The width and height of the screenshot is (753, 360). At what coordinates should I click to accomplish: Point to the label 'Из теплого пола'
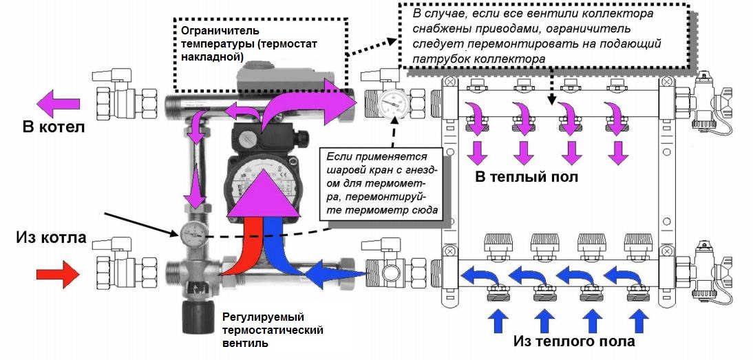click(574, 341)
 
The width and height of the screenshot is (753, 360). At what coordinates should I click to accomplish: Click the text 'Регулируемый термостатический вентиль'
click(273, 329)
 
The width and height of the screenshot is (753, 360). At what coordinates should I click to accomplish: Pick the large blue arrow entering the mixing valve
click(329, 274)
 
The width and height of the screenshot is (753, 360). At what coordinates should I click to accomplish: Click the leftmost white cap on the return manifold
click(497, 242)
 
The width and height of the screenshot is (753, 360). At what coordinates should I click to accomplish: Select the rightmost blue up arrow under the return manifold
click(638, 321)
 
